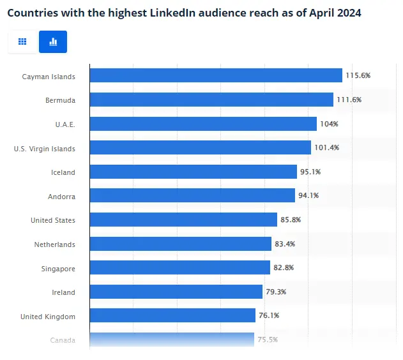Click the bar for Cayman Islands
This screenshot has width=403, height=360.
(x=216, y=76)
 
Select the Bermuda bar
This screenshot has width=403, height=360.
(x=211, y=100)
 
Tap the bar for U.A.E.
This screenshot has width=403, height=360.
(x=203, y=124)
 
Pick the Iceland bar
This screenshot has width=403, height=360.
(x=194, y=172)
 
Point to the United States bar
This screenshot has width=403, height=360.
(x=183, y=220)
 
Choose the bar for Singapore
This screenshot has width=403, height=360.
(x=180, y=267)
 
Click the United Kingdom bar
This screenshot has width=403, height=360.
(x=172, y=315)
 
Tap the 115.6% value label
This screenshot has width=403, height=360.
(x=358, y=75)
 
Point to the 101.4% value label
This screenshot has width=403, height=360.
(x=326, y=147)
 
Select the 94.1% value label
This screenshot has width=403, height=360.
(x=307, y=195)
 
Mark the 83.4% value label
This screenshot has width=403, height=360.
(x=284, y=244)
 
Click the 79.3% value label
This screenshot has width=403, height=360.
(x=275, y=292)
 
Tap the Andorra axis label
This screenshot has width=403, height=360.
(x=61, y=197)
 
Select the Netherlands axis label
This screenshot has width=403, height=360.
(x=54, y=244)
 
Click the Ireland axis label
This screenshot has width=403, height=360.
(x=63, y=292)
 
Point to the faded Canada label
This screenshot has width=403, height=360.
(x=63, y=340)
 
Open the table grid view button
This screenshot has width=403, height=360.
(x=22, y=41)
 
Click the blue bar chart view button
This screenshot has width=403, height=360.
(x=53, y=41)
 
